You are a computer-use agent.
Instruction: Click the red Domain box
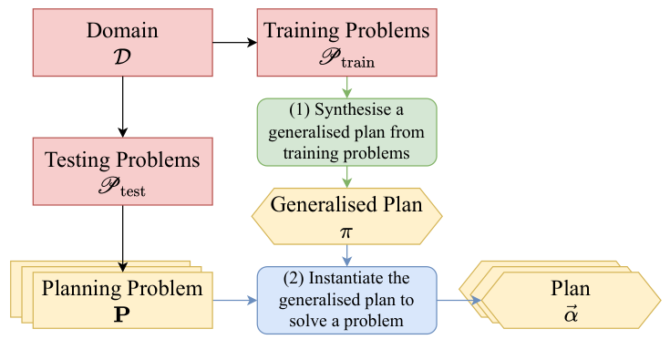[121, 41]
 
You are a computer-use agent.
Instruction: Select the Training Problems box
[346, 41]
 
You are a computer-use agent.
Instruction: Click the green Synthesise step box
[346, 133]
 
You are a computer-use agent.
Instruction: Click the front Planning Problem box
[121, 300]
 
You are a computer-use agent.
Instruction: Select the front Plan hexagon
[571, 300]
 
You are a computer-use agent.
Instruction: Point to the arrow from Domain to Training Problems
[234, 42]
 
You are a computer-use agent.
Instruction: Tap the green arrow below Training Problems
[346, 87]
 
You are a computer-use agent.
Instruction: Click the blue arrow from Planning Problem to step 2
[234, 300]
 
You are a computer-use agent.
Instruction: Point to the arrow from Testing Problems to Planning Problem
[121, 237]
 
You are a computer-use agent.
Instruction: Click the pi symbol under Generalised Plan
[345, 232]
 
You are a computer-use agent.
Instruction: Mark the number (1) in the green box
[299, 110]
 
